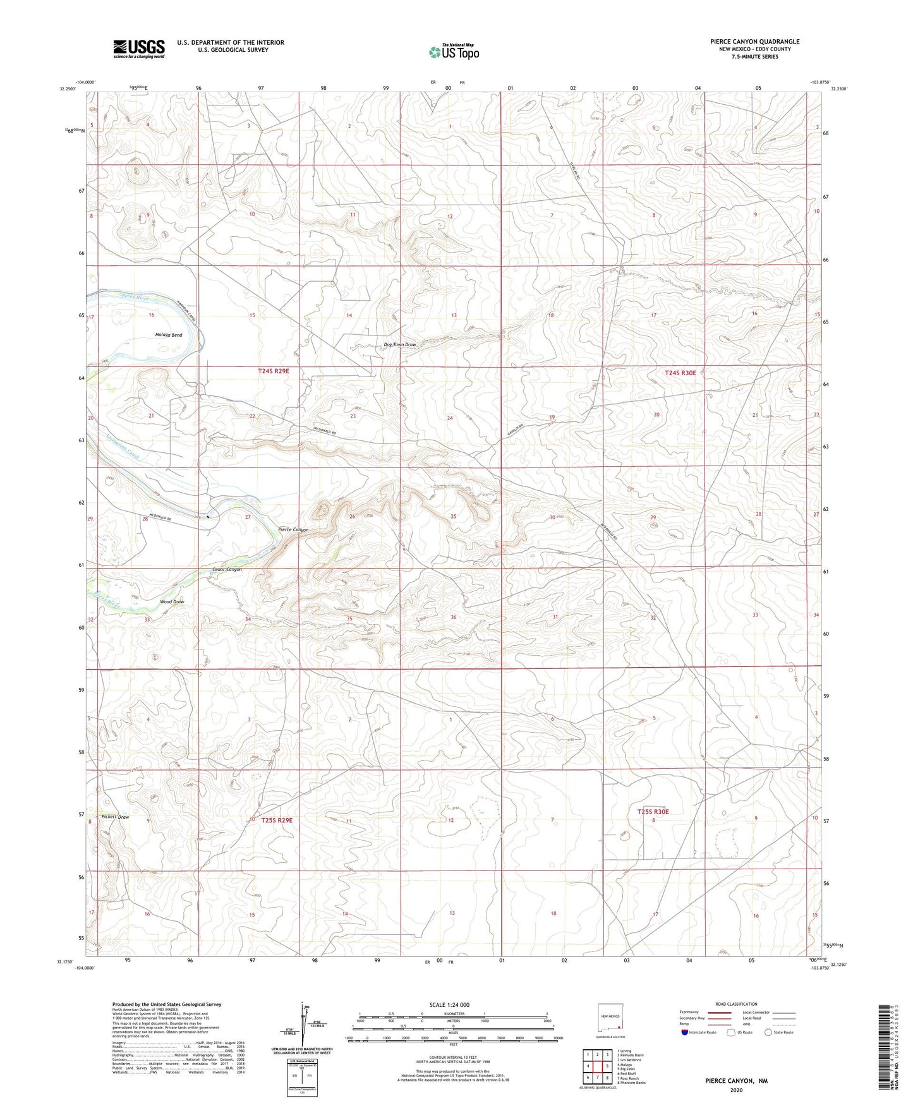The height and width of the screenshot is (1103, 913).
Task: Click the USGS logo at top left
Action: pos(139,48)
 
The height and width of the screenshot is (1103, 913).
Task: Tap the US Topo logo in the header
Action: pos(453,52)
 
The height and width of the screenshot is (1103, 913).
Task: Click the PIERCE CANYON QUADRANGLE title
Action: pos(754,42)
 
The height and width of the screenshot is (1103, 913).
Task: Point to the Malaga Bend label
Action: pos(169,335)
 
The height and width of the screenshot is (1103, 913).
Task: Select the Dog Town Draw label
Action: pos(399,345)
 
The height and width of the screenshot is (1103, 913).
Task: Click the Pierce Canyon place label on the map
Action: pos(293,529)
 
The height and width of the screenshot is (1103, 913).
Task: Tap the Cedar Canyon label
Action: pos(227,570)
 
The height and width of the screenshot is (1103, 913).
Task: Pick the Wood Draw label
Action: pos(172,601)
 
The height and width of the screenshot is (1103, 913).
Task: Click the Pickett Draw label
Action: pos(115,817)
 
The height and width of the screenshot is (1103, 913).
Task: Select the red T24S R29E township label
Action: pos(274,371)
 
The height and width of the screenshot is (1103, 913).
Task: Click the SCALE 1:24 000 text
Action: pos(449,1004)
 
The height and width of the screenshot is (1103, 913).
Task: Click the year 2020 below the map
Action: pos(736,1090)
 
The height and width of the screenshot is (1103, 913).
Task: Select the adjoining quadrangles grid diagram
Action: pos(597,1068)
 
